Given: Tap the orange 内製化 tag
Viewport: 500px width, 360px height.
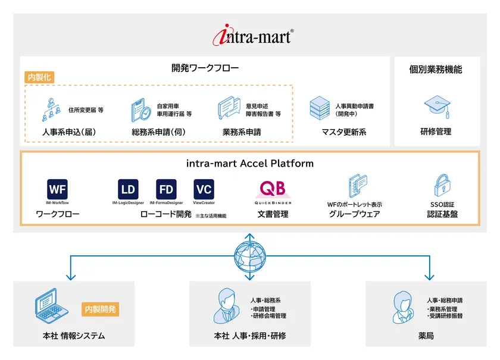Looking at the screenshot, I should pyautogui.click(x=39, y=77).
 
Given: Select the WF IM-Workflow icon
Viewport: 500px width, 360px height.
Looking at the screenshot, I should pyautogui.click(x=57, y=190).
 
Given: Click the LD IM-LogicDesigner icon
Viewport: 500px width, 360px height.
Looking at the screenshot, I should pyautogui.click(x=128, y=190).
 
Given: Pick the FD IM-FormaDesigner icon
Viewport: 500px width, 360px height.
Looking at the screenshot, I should pyautogui.click(x=166, y=190).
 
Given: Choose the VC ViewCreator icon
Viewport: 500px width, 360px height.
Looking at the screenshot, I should pyautogui.click(x=204, y=190).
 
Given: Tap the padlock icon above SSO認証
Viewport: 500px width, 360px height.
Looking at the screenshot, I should pyautogui.click(x=442, y=186).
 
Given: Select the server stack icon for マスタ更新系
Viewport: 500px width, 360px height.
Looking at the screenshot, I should pyautogui.click(x=320, y=109).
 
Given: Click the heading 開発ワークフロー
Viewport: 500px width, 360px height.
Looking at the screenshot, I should pyautogui.click(x=205, y=68).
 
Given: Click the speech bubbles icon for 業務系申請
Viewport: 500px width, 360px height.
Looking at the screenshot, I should pyautogui.click(x=229, y=109).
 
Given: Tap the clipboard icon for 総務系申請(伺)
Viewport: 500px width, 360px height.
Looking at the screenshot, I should pyautogui.click(x=141, y=109).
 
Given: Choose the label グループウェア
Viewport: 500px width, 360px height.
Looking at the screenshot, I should pyautogui.click(x=354, y=214).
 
